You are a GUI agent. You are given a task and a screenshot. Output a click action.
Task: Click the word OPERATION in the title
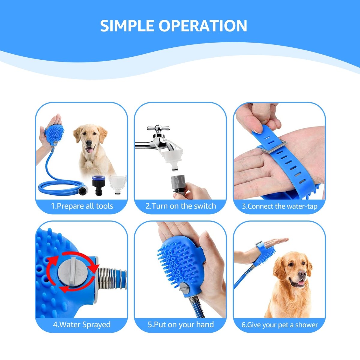coord(203,26)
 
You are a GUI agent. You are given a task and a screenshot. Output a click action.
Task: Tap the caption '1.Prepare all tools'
coord(82,206)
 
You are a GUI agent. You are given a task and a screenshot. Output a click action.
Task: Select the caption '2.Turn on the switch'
coord(181,206)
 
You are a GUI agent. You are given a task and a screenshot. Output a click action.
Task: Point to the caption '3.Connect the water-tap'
coord(280,206)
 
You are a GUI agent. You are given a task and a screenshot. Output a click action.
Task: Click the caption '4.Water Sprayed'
coord(82,325)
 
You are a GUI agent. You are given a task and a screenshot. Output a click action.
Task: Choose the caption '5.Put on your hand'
coord(181,325)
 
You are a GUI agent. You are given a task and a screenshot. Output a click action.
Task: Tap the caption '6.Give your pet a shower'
coord(280,325)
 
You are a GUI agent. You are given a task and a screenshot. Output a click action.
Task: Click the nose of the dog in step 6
coord(302,274)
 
